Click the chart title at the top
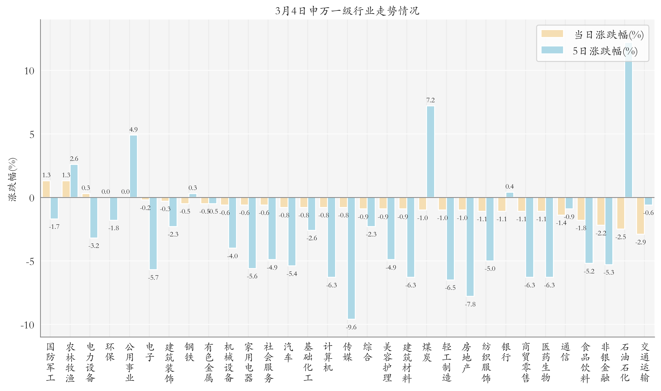(x=347, y=11)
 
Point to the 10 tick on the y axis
(x=29, y=71)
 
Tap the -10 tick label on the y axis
(x=27, y=325)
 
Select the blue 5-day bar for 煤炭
(x=430, y=151)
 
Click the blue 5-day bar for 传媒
(x=351, y=258)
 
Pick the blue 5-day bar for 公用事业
(x=133, y=166)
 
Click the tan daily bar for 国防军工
(x=46, y=189)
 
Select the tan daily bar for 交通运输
(x=640, y=216)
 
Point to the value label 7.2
(x=430, y=100)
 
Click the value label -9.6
(x=351, y=327)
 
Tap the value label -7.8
(x=470, y=304)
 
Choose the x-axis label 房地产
(x=466, y=357)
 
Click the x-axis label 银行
(x=506, y=352)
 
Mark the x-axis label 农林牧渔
(x=70, y=362)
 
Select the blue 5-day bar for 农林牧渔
(x=74, y=181)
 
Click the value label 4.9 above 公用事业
(x=133, y=129)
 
